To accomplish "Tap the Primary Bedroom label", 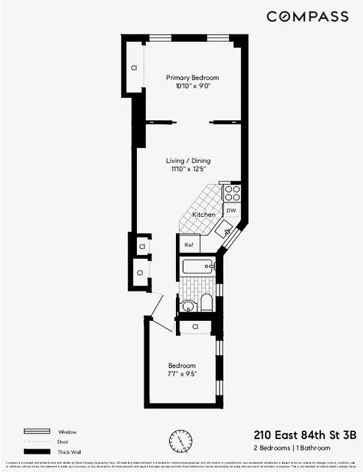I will (192, 78).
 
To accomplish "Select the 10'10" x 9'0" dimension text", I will (192, 86).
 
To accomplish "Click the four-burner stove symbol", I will (232, 193).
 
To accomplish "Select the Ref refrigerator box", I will (189, 245).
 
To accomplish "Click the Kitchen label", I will (204, 215).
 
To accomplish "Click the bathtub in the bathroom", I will (198, 267).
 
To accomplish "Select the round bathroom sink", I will (188, 306).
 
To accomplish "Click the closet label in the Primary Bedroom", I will (134, 68).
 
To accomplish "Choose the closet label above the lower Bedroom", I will (194, 326).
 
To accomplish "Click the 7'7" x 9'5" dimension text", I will (182, 374).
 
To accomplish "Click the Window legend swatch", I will (37, 432).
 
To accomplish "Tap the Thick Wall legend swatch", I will (37, 451).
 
